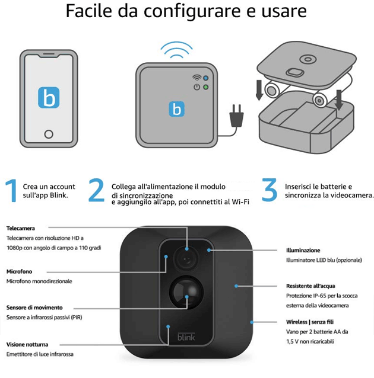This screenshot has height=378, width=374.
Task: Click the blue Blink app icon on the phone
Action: [49, 97]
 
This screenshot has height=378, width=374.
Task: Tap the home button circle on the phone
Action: [49, 134]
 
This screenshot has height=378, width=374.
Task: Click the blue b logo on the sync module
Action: [176, 109]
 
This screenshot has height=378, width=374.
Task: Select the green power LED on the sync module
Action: [206, 87]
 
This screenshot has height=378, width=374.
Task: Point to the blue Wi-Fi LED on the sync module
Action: [206, 78]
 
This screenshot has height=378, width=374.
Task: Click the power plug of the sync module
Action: [236, 116]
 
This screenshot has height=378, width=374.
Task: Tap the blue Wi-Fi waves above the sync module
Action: [177, 50]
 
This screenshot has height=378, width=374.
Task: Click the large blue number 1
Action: [12, 190]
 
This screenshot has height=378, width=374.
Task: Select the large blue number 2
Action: [96, 190]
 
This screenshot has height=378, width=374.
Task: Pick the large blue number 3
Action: [269, 190]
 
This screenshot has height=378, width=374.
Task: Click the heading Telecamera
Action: [21, 228]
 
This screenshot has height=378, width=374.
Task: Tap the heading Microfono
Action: [20, 271]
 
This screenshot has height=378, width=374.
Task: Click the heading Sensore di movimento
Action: [34, 307]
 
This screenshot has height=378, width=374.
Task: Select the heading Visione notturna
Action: [27, 344]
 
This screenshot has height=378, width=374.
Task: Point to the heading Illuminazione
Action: [303, 251]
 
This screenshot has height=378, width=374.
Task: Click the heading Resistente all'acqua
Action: [310, 286]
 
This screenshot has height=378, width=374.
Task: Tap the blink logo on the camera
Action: [186, 337]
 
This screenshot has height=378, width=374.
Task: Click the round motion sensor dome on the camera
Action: [186, 292]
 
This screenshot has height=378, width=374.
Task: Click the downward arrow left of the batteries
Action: [259, 90]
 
